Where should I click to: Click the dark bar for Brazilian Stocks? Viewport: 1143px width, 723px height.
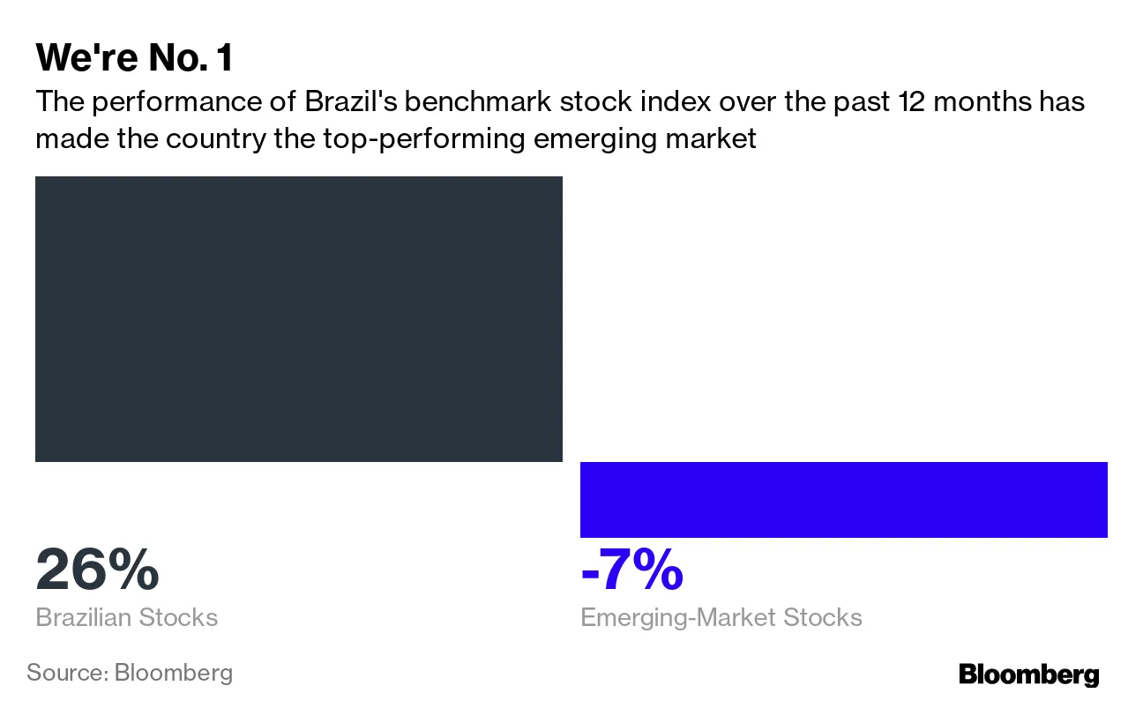298,318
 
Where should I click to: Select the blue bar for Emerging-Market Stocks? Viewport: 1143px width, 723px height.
843,499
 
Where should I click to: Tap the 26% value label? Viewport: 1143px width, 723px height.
97,570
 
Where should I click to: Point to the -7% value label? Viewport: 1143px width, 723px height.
631,570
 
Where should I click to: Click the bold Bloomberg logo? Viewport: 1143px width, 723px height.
1028,675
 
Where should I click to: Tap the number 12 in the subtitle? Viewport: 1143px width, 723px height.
912,102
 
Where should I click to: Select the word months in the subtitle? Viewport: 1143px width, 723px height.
984,102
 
